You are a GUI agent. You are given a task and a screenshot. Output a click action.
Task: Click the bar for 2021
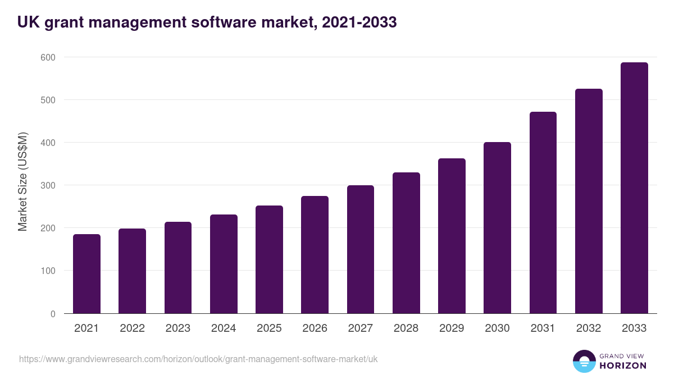click(x=86, y=274)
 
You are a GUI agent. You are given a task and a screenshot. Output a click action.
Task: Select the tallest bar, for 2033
click(x=634, y=188)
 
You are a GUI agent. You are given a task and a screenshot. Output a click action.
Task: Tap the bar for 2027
click(x=361, y=249)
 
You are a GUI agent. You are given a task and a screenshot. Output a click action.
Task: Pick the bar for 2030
click(x=497, y=228)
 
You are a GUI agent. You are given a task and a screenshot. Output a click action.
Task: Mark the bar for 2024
click(x=224, y=264)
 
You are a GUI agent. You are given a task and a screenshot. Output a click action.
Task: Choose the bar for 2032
click(x=589, y=201)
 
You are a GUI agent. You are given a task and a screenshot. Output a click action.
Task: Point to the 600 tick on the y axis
click(x=48, y=57)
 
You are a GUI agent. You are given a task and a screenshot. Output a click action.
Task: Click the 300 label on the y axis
click(x=48, y=185)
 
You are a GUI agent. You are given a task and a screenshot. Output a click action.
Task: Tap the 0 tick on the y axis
click(x=53, y=314)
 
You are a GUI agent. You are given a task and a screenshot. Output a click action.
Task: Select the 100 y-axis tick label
click(x=48, y=271)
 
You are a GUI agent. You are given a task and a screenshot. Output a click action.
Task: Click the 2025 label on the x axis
click(x=269, y=328)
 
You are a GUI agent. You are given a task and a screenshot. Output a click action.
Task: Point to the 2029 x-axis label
click(x=452, y=328)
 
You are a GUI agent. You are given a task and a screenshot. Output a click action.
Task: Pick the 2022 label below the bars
click(x=132, y=328)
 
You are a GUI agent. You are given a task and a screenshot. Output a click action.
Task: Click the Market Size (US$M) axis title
click(x=22, y=182)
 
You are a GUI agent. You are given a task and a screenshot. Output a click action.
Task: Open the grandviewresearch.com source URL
click(x=198, y=359)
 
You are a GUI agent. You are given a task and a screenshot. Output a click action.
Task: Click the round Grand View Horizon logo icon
click(x=584, y=361)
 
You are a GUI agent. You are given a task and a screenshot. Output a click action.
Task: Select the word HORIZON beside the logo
click(x=622, y=366)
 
